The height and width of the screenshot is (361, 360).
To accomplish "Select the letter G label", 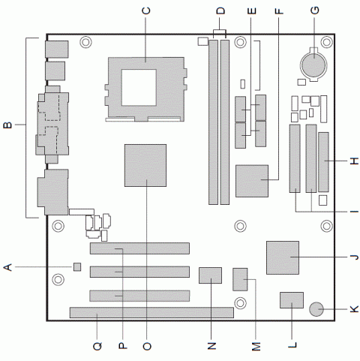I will (x=314, y=10).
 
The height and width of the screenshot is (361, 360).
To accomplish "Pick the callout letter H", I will (x=353, y=161).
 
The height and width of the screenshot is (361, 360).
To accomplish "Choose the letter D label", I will (x=220, y=10).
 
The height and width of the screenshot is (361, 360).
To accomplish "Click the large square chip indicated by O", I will (x=145, y=165).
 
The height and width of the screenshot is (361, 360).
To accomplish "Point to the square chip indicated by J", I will (x=283, y=257).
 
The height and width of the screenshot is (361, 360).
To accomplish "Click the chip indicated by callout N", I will (x=211, y=275).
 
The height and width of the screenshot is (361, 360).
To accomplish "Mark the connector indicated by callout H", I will (x=323, y=161).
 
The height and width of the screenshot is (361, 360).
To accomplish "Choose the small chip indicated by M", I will (x=241, y=279).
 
